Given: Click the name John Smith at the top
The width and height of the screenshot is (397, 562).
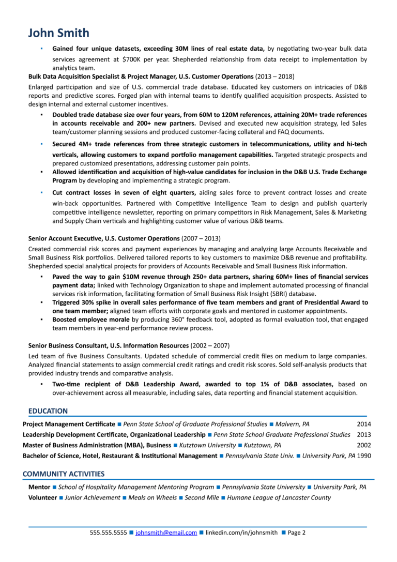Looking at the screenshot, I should [58, 33].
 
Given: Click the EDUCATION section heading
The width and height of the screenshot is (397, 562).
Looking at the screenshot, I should [48, 411].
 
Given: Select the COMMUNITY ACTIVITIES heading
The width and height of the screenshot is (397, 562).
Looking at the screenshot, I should [64, 474].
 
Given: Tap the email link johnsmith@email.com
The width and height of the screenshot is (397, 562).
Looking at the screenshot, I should [166, 533].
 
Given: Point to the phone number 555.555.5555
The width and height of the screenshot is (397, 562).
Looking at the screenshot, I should [108, 533].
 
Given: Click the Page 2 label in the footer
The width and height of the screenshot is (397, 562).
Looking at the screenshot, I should [296, 533].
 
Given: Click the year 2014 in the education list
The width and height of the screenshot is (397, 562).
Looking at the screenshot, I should [363, 424].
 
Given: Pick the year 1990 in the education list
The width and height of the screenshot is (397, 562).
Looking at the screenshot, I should [364, 455].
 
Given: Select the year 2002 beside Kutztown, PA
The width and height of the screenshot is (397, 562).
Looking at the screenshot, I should [363, 445].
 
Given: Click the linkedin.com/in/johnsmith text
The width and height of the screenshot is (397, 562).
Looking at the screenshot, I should [241, 533].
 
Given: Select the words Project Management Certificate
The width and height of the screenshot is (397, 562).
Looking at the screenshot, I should [69, 424].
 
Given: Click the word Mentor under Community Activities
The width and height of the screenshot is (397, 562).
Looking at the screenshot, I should [39, 487].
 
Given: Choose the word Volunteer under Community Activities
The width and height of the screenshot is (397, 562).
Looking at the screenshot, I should [42, 497].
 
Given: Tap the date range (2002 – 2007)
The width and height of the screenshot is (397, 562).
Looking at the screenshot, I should [210, 345].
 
